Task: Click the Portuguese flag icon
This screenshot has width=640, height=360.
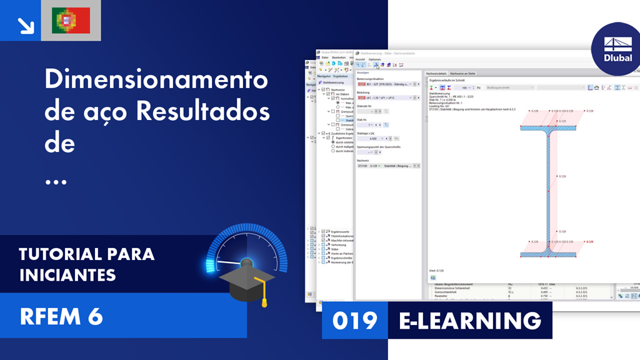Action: click(71, 21)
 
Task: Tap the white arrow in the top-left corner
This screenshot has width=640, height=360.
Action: click(26, 24)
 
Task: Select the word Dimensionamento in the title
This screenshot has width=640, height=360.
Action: click(156, 80)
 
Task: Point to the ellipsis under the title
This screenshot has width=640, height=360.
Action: click(56, 181)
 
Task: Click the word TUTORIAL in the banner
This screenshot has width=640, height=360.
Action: click(60, 254)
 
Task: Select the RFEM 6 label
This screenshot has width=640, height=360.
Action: click(61, 317)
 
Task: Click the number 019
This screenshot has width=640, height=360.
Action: click(355, 321)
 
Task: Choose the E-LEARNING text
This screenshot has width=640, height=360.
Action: click(470, 321)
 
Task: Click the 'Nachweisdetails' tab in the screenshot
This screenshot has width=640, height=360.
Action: click(436, 73)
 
